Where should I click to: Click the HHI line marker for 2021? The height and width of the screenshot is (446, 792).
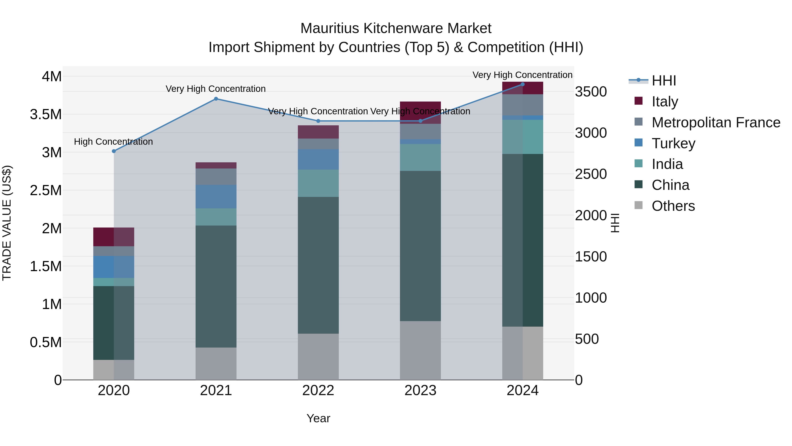216,99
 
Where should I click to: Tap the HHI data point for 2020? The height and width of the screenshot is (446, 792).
114,151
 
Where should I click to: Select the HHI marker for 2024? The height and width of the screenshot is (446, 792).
523,84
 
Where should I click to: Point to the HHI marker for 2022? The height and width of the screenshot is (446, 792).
318,121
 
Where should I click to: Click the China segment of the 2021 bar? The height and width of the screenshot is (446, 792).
216,286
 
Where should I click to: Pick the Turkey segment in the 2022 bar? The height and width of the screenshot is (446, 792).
318,159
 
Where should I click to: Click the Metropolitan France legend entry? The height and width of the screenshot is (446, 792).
716,122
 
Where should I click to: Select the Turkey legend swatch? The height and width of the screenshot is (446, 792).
639,143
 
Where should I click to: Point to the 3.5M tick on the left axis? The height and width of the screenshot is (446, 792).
46,115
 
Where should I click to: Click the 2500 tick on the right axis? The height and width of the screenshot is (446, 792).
591,174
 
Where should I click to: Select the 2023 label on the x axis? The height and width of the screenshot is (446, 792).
420,390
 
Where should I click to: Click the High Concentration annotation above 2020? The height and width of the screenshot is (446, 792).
114,142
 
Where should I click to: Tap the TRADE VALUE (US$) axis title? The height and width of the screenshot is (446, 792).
7,223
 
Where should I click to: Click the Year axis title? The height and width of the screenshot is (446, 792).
318,418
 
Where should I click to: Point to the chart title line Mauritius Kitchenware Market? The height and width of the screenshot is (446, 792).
396,28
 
